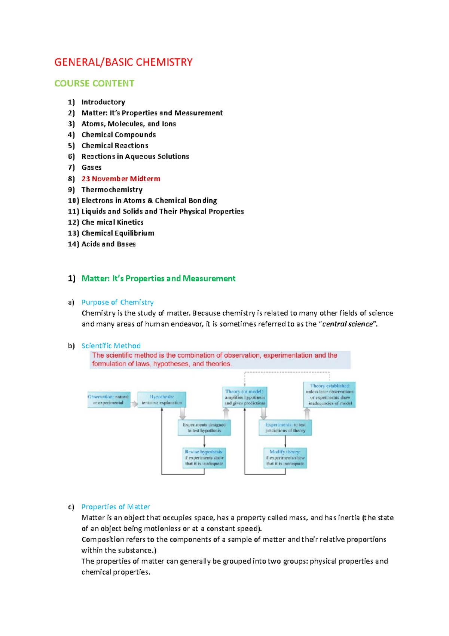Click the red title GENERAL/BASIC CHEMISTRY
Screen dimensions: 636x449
pos(123,62)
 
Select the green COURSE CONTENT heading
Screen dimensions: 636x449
pos(94,83)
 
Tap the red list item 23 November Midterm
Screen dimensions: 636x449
pos(120,179)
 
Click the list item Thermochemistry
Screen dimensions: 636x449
pos(112,190)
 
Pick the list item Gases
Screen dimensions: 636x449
pos(91,167)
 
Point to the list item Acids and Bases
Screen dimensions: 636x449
pos(109,244)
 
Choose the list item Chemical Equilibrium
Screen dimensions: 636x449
pos(117,233)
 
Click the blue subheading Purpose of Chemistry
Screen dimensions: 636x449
pos(117,302)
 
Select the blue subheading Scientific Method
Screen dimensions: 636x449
pos(111,346)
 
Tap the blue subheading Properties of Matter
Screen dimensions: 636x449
pos(115,507)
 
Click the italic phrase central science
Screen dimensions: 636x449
pos(347,324)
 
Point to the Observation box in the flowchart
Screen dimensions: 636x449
pos(108,400)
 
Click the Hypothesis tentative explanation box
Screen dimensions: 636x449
pos(162,400)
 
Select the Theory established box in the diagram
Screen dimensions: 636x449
pos(330,394)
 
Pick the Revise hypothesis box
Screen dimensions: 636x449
pos(204,458)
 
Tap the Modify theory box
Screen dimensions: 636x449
pos(285,458)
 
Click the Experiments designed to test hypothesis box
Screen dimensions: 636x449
pos(204,428)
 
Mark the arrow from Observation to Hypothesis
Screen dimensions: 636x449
pos(134,404)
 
